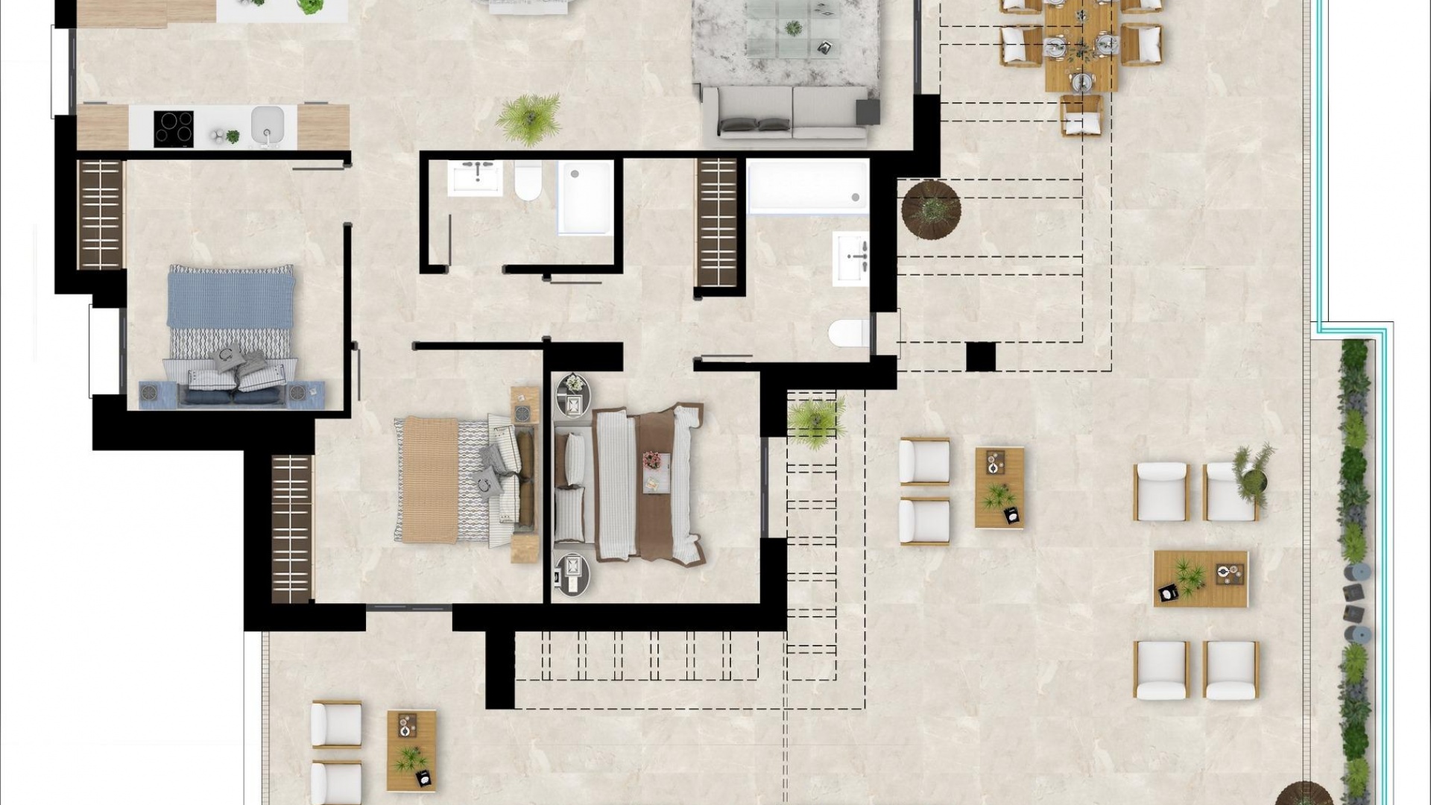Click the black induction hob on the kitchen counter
click(174, 129)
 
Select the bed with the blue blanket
click(230, 335)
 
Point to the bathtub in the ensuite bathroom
click(807, 186)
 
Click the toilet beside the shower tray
click(528, 180)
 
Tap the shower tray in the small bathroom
click(585, 197)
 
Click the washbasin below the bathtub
click(850, 258)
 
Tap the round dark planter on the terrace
click(931, 209)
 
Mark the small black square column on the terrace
click(980, 356)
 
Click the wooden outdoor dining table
click(1081, 45)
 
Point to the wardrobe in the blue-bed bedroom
click(101, 214)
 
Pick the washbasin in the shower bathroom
click(475, 177)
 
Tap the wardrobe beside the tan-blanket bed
click(291, 528)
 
